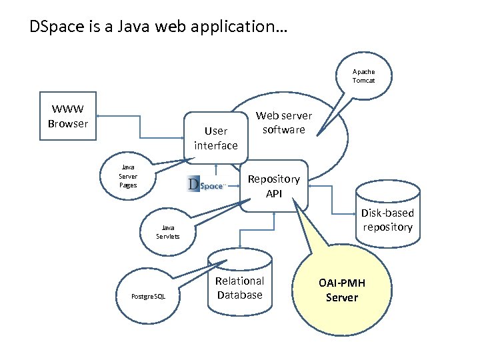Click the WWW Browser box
pyautogui.click(x=67, y=116)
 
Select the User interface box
pyautogui.click(x=215, y=138)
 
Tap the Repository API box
pyautogui.click(x=274, y=186)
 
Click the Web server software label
pyautogui.click(x=283, y=123)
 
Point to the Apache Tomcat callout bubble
pyautogui.click(x=363, y=76)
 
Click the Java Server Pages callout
pyautogui.click(x=128, y=176)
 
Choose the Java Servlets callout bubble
pyautogui.click(x=167, y=231)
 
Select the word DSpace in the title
pyautogui.click(x=52, y=27)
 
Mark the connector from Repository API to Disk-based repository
pyautogui.click(x=340, y=200)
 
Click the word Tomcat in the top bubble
pyautogui.click(x=363, y=81)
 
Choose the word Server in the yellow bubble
pyautogui.click(x=341, y=297)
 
